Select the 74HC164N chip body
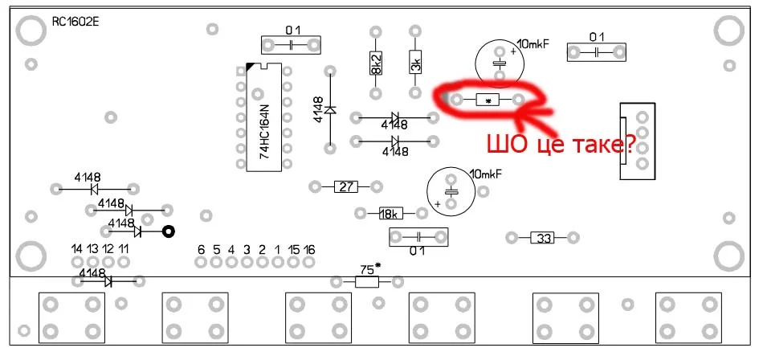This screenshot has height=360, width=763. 264,117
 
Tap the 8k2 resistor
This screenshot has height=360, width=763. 375,63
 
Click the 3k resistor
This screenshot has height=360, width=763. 415,63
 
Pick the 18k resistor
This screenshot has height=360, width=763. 390,214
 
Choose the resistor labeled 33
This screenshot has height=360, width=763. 544,238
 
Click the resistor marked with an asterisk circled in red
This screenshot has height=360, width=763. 488,100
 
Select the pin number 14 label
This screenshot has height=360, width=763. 76,249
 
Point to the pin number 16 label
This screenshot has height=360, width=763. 309,249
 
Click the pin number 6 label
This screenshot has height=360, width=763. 201,249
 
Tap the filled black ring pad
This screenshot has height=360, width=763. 169,232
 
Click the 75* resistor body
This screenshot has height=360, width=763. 366,282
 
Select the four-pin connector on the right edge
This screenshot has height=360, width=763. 638,141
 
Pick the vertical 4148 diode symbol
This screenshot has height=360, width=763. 329,109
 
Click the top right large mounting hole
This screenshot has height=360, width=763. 729,31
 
